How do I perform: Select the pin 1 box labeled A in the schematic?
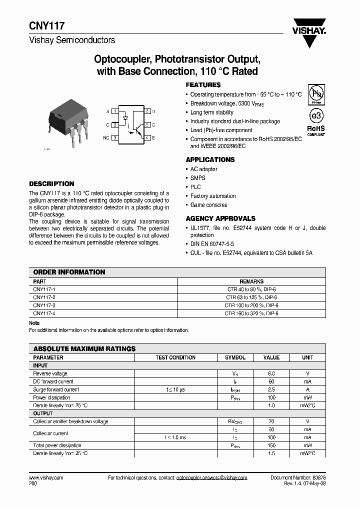tap(115, 111)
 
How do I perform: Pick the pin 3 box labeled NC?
tap(115, 137)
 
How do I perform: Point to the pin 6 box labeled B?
tap(148, 111)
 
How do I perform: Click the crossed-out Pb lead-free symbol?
tap(315, 93)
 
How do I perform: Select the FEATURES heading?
tap(203, 85)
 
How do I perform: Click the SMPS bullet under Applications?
tap(197, 178)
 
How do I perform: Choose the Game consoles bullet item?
tap(208, 205)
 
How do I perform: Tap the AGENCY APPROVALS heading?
tap(220, 218)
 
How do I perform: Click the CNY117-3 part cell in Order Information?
tap(44, 305)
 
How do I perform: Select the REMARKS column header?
tap(251, 281)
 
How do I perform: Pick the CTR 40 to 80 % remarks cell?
tap(251, 289)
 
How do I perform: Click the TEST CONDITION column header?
tap(175, 357)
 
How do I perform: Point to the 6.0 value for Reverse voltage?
tap(271, 373)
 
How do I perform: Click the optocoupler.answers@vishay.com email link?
tap(212, 478)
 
